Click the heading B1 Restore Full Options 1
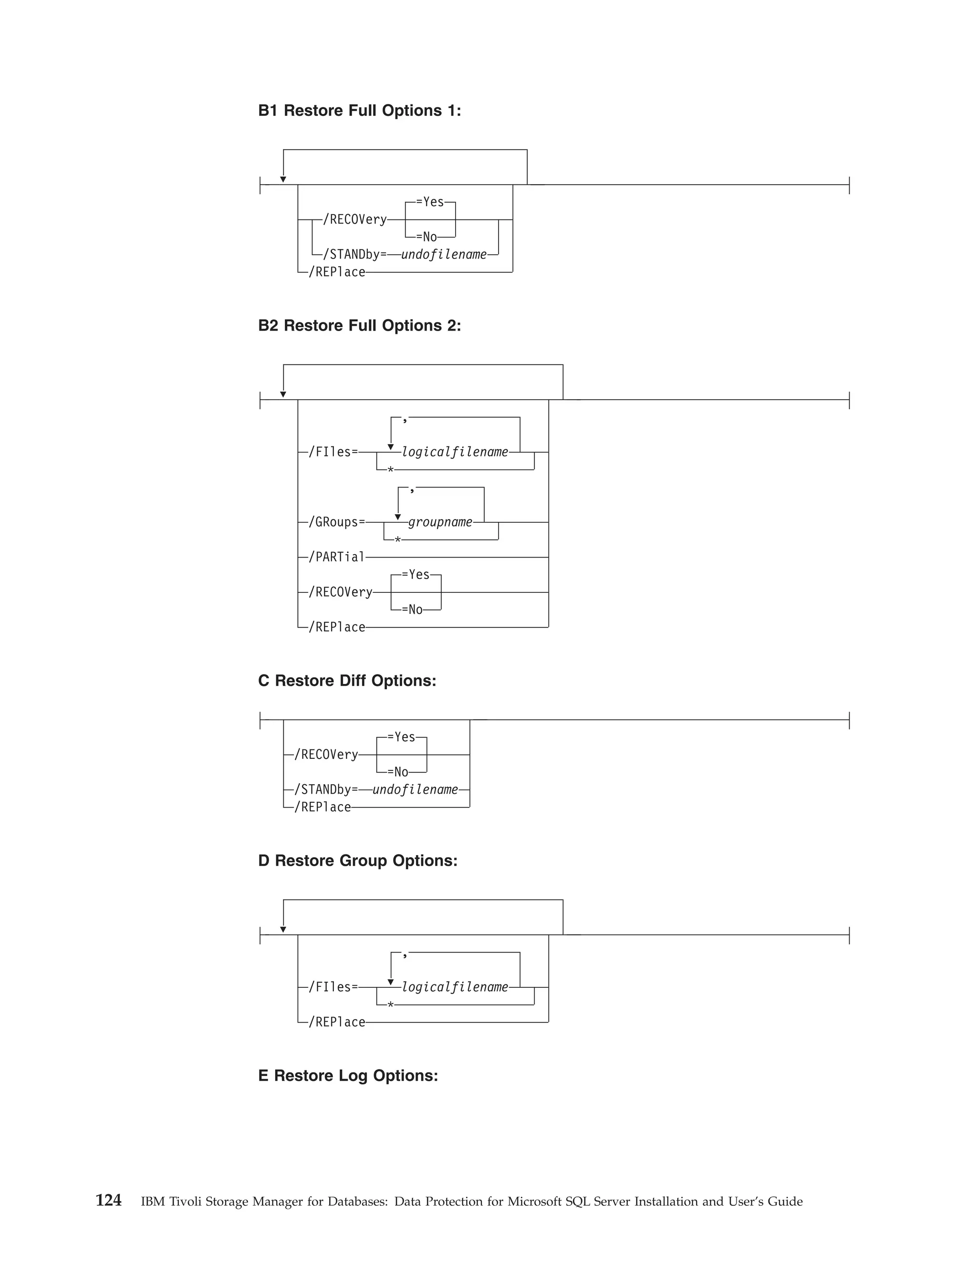359,111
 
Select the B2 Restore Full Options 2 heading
359,326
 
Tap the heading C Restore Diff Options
347,681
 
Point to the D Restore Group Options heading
357,860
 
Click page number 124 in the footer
108,1201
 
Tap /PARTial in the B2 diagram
336,557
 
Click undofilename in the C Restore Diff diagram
415,789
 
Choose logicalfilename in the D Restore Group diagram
455,987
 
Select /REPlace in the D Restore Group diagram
336,1022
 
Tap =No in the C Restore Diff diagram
398,772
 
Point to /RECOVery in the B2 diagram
340,592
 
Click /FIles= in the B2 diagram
333,452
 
